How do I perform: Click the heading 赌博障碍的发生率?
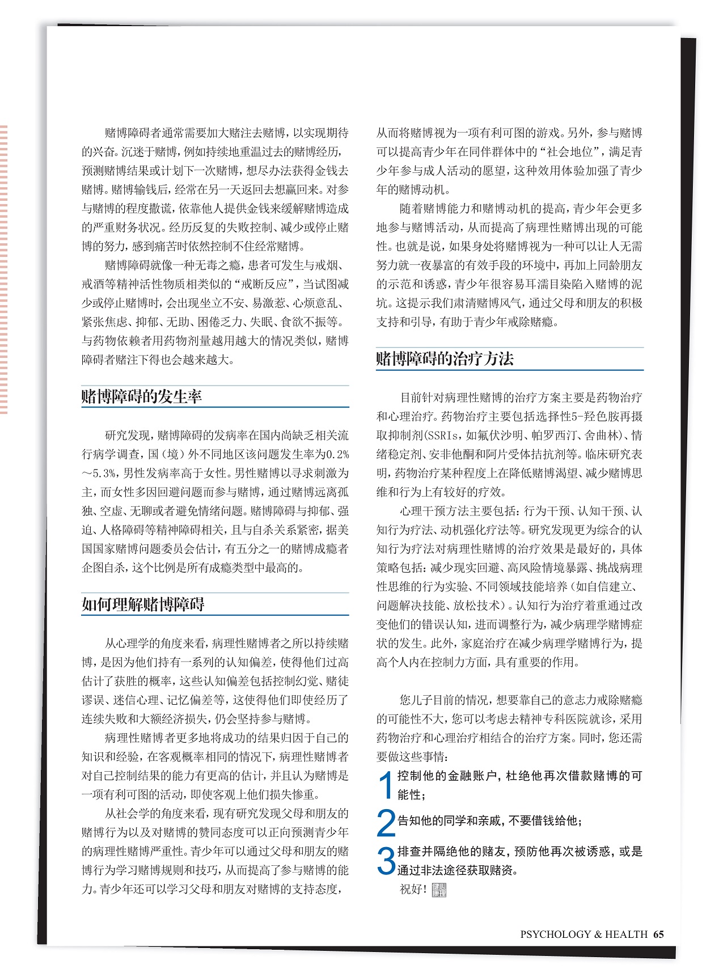coord(142,396)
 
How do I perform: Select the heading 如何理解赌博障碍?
coord(143,604)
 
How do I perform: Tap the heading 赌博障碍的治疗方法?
coord(445,358)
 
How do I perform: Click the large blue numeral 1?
coord(386,785)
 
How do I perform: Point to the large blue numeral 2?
coord(386,823)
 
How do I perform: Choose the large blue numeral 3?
coord(386,861)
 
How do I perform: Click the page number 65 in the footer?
coord(658,934)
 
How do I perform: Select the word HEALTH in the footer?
coord(626,934)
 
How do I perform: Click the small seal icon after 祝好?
coord(439,890)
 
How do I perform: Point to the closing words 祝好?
coord(413,889)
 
